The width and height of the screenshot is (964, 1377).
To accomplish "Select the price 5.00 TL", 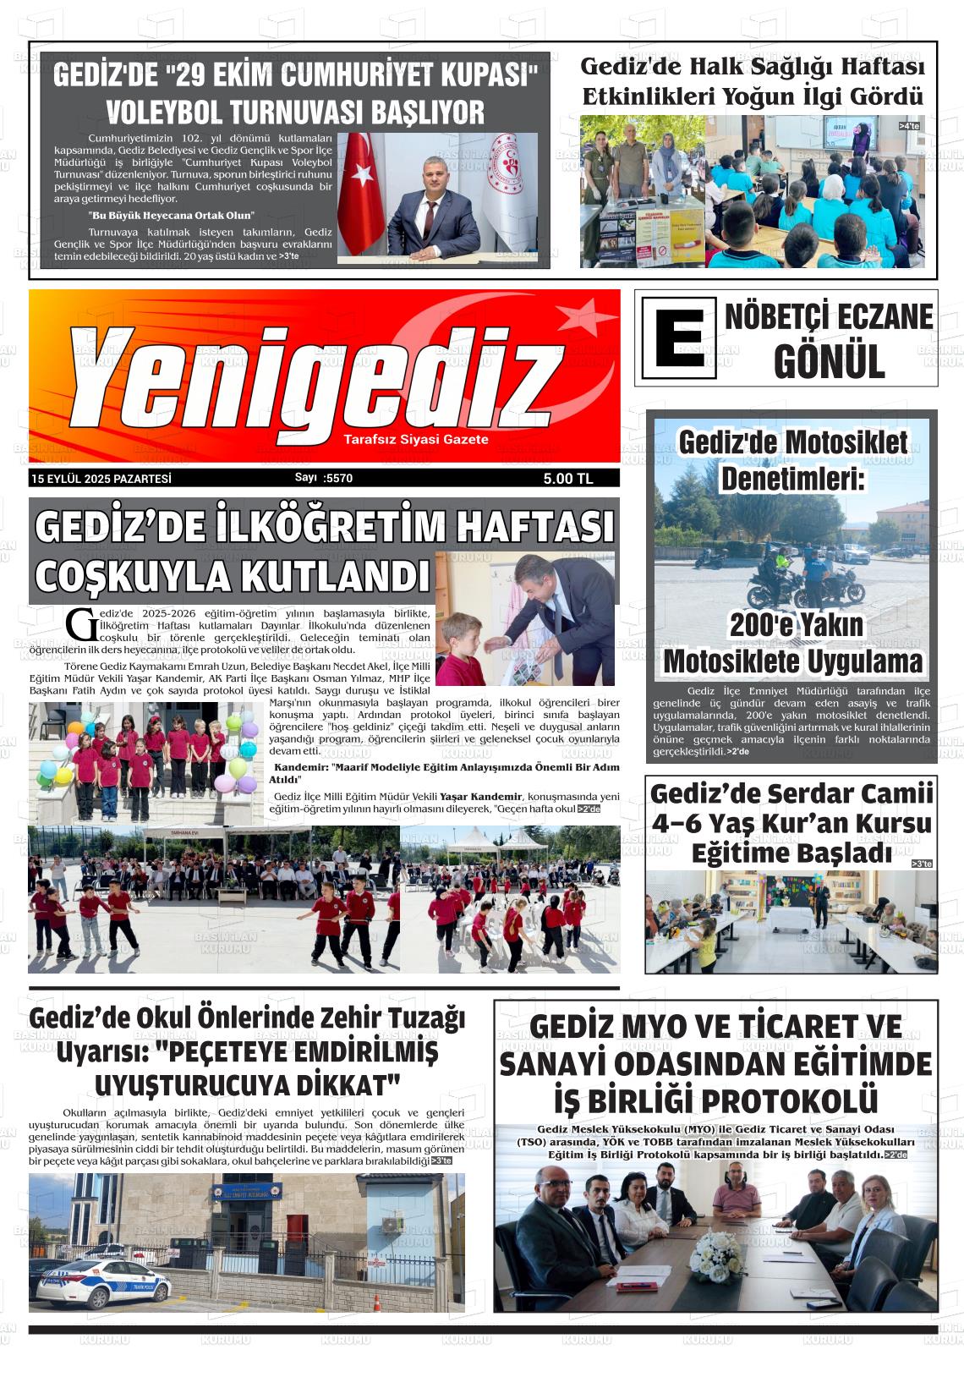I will [x=568, y=479].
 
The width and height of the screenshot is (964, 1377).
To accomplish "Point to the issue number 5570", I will [x=337, y=478].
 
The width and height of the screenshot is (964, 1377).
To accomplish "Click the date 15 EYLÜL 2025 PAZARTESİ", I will [x=101, y=479].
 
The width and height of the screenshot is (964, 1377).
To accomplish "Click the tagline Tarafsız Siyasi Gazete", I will [x=415, y=440].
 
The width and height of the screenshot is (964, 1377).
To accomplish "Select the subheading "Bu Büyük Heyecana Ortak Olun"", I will [x=171, y=216].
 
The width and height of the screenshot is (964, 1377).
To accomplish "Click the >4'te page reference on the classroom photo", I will [x=909, y=126].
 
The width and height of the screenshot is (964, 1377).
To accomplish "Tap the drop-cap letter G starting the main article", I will [x=81, y=624].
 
